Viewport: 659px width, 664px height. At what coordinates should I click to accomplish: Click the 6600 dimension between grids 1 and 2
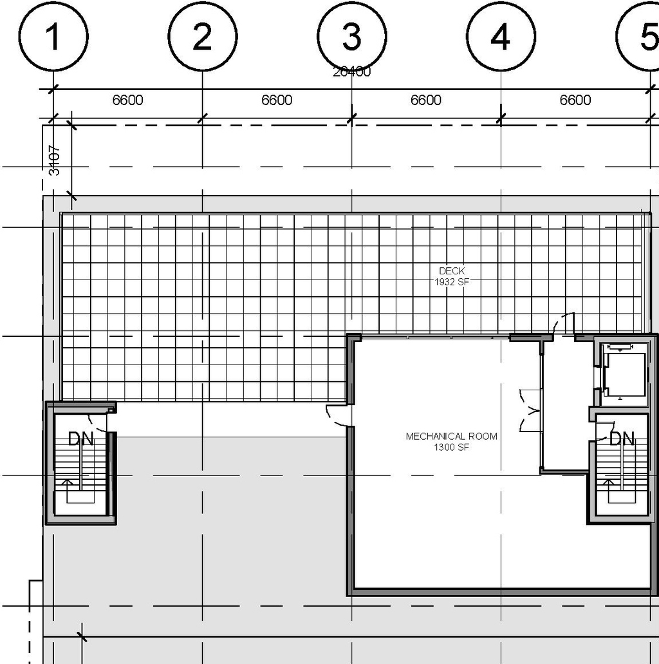127,100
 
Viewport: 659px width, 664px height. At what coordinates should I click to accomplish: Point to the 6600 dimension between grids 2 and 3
277,100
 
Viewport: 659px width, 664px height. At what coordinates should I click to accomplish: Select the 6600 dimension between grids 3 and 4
426,100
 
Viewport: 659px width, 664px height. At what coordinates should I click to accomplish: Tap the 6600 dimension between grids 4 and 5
575,100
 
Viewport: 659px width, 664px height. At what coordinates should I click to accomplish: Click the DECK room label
452,271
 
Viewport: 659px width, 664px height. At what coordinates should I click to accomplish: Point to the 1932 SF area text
452,281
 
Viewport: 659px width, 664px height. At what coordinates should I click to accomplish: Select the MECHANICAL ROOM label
451,436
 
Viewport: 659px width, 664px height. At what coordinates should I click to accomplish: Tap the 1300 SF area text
451,446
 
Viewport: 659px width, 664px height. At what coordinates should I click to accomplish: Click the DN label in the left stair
80,439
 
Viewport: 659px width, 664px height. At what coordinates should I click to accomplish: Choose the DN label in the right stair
622,439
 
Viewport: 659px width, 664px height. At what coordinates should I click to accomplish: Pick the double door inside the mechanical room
529,411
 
